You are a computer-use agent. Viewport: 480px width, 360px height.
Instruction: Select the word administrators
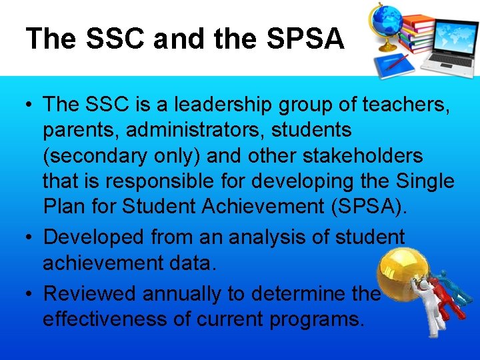coord(193,130)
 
